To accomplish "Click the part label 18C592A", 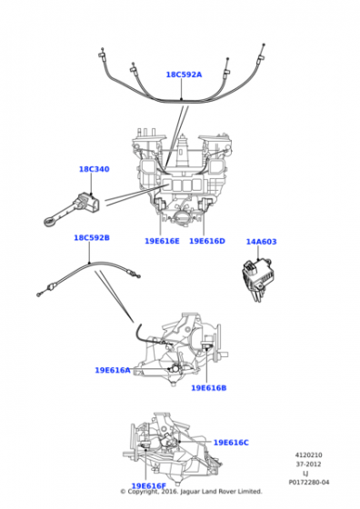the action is click(x=184, y=75).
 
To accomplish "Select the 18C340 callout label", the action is click(x=95, y=169).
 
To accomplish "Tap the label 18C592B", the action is click(x=92, y=237).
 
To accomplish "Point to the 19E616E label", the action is click(x=162, y=241).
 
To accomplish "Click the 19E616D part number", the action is click(x=206, y=241).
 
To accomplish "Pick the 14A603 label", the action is click(x=261, y=242).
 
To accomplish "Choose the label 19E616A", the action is click(x=113, y=370).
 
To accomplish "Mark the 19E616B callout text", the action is click(x=209, y=388).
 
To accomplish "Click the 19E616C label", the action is click(x=231, y=443).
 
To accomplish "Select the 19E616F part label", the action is click(x=148, y=486).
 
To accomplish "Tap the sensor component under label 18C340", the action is click(x=72, y=209).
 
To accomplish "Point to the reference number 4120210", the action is click(x=308, y=455).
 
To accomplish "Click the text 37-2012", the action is click(x=308, y=464).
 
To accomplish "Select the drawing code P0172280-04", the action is click(x=309, y=483).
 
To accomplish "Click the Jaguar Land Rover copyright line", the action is click(x=191, y=492).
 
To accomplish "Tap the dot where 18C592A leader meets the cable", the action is click(x=182, y=99).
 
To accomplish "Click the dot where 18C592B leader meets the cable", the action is click(x=89, y=263).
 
